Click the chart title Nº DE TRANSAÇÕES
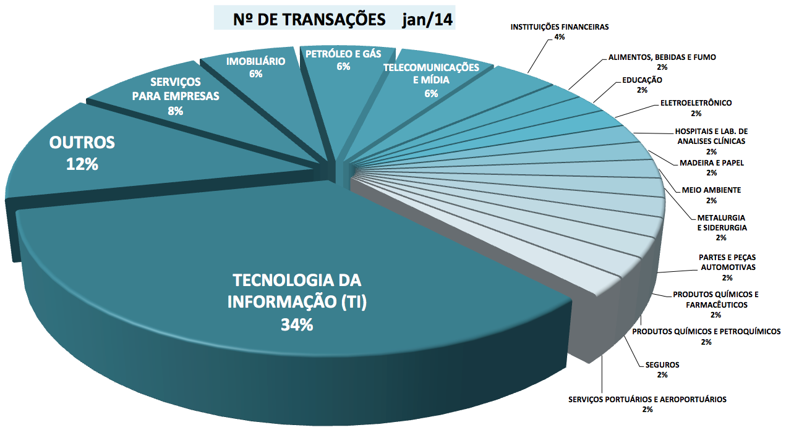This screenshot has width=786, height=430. click(309, 19)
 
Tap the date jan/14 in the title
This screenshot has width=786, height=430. click(427, 19)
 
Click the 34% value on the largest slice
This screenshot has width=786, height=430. click(297, 324)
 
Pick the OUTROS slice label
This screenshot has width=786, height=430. click(82, 143)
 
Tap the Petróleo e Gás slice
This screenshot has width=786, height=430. click(344, 74)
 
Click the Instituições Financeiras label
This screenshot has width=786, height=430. click(560, 27)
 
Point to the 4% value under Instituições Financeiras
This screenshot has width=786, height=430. click(560, 37)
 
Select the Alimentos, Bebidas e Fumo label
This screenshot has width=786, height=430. click(662, 57)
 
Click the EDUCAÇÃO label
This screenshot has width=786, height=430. click(641, 80)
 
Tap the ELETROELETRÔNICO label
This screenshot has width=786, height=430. click(696, 103)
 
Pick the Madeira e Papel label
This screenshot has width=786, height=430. click(711, 163)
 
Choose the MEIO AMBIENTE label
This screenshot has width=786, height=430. click(711, 190)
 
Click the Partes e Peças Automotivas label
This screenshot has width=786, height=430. click(727, 262)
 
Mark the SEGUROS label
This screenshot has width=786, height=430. click(662, 365)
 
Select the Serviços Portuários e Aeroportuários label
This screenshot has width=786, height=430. click(647, 399)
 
